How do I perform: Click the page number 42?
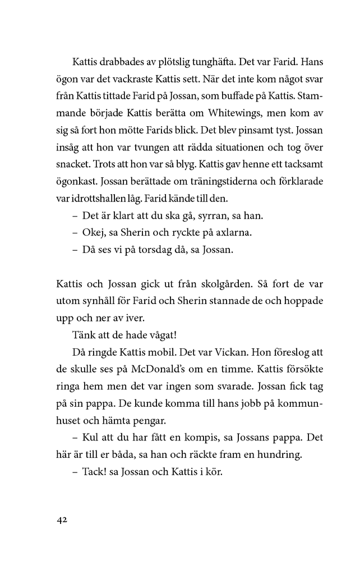tap(62, 520)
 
